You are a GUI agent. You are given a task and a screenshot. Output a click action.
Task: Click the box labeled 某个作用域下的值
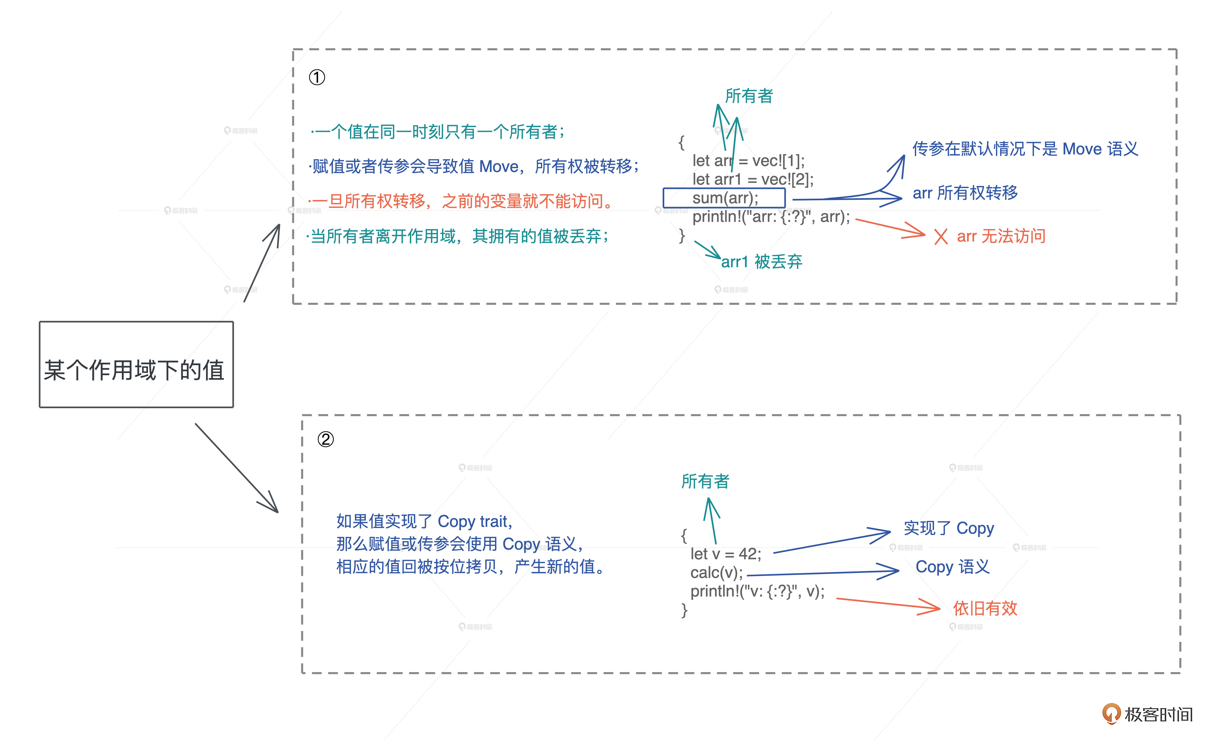point(136,365)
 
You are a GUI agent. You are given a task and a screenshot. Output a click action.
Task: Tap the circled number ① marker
point(317,77)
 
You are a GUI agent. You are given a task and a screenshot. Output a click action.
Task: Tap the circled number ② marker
point(325,439)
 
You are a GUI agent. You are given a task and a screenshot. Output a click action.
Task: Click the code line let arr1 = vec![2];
point(752,179)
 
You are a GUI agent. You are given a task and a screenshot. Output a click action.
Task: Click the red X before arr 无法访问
point(940,237)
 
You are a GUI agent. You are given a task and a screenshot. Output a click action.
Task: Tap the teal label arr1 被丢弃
point(761,262)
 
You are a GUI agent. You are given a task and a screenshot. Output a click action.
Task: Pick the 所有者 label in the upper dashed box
point(749,96)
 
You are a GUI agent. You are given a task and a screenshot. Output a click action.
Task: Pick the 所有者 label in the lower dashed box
point(705,482)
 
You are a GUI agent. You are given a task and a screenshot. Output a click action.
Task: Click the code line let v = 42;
point(726,554)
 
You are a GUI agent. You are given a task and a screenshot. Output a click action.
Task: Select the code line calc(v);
point(716,573)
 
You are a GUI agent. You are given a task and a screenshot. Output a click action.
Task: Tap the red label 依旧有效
point(985,608)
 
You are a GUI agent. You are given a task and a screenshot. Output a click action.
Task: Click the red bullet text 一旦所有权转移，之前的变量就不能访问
point(463,201)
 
